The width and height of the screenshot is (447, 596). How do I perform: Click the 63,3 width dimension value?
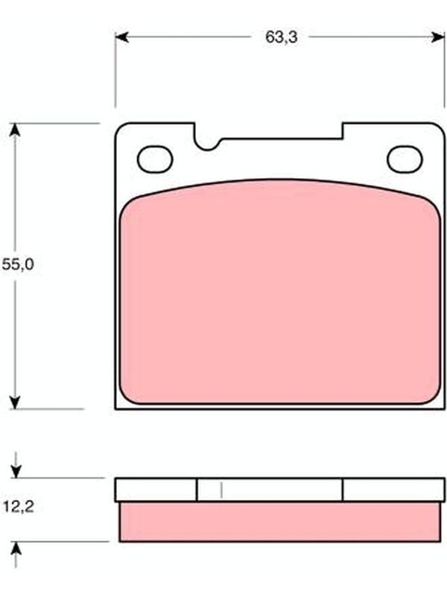[282, 37]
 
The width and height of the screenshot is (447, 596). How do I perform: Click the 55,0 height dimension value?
[18, 264]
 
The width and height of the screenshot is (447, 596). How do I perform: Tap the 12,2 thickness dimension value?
[19, 507]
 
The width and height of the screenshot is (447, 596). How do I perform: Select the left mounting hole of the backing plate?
[155, 159]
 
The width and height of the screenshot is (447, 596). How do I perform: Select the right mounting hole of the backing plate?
[405, 159]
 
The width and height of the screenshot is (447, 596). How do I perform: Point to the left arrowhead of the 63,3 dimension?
[121, 37]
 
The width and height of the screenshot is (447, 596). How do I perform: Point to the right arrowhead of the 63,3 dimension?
[438, 37]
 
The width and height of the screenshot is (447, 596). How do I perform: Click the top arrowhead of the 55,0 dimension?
[15, 130]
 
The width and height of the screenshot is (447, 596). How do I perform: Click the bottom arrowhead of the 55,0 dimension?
[15, 402]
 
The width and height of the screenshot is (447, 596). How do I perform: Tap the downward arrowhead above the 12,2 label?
[16, 472]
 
